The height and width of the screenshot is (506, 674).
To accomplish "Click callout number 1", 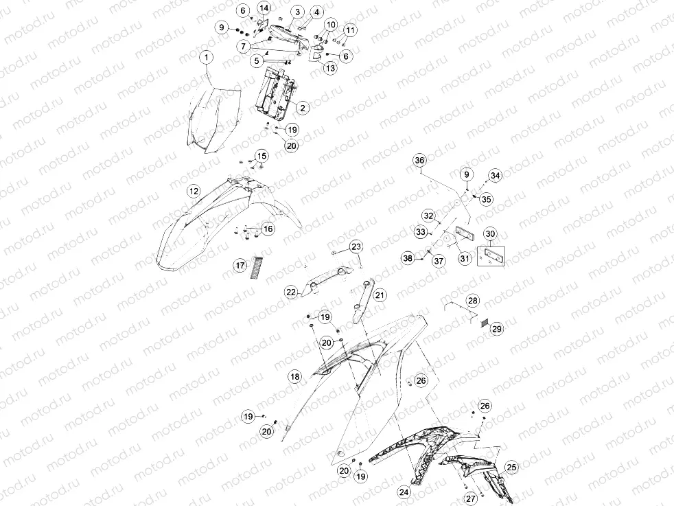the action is click(207, 57).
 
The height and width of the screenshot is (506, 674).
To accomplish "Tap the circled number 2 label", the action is click(303, 108).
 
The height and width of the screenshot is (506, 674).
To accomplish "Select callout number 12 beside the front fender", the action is click(194, 191).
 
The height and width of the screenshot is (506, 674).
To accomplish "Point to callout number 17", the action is click(240, 265).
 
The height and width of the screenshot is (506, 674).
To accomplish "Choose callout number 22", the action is click(291, 292).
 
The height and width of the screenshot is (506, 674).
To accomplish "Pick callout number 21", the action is click(380, 295).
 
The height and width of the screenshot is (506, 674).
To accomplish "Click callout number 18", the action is click(295, 377).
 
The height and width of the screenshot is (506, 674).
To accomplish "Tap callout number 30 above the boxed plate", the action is click(490, 234).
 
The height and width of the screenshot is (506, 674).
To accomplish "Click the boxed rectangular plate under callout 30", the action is click(491, 256).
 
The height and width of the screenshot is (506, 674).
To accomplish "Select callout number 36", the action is click(419, 161).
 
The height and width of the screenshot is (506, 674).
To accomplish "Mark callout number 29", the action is click(496, 329).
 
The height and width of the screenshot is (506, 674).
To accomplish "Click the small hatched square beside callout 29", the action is click(484, 323).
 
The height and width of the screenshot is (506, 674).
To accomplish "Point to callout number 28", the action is click(473, 301).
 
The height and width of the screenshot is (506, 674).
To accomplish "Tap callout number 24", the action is click(404, 492).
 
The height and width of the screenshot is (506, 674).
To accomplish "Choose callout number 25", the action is click(511, 468).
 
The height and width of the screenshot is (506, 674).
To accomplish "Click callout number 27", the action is click(471, 498).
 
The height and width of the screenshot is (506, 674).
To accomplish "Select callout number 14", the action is click(264, 8).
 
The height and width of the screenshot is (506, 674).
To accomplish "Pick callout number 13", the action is click(331, 68).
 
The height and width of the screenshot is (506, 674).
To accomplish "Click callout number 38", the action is click(408, 258).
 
